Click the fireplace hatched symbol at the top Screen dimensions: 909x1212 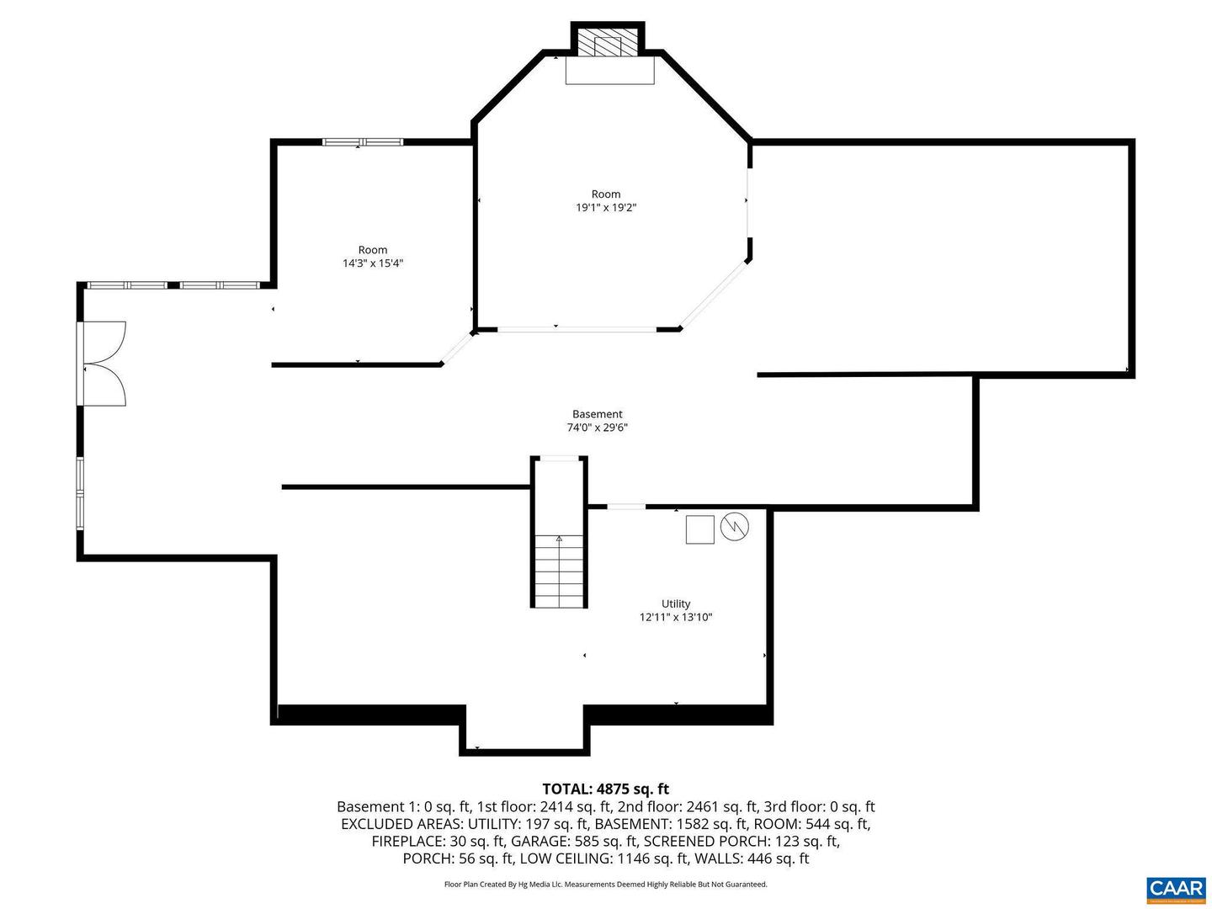(x=608, y=45)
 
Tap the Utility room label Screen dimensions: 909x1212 (x=676, y=603)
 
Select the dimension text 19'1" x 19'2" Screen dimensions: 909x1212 (x=606, y=208)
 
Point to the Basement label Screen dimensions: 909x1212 (x=598, y=414)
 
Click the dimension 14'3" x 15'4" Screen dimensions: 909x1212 (x=373, y=263)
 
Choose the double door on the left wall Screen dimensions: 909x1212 (x=104, y=364)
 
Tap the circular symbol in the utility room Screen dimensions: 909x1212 (x=734, y=528)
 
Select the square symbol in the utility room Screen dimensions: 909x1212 (x=699, y=529)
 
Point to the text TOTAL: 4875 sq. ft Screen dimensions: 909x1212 (x=605, y=789)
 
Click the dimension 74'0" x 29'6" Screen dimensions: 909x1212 (x=598, y=428)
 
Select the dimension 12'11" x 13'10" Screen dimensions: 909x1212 (x=676, y=617)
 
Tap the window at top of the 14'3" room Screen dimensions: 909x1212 (x=363, y=142)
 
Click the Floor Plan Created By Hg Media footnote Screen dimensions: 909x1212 (x=605, y=885)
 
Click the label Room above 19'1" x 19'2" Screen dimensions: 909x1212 (x=606, y=194)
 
